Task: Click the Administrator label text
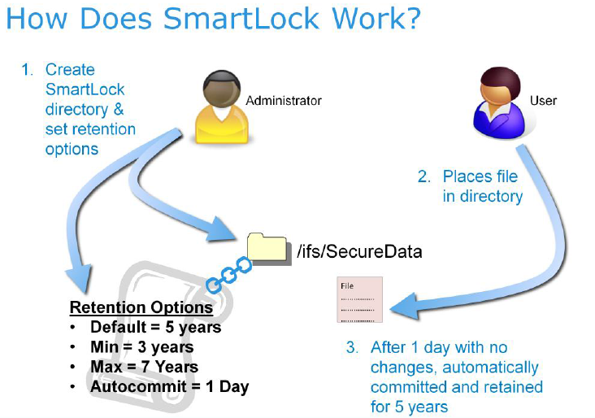pos(284,101)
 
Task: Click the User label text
pos(543,101)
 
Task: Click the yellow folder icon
pos(267,246)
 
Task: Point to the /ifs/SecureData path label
pos(361,251)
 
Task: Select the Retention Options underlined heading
pos(141,308)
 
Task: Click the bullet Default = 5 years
pos(155,328)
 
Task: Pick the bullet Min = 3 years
pos(141,347)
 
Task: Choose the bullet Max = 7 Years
pos(144,367)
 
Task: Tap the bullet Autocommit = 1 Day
pos(169,386)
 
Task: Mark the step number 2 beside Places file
pos(423,176)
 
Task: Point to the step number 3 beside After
pos(351,347)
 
